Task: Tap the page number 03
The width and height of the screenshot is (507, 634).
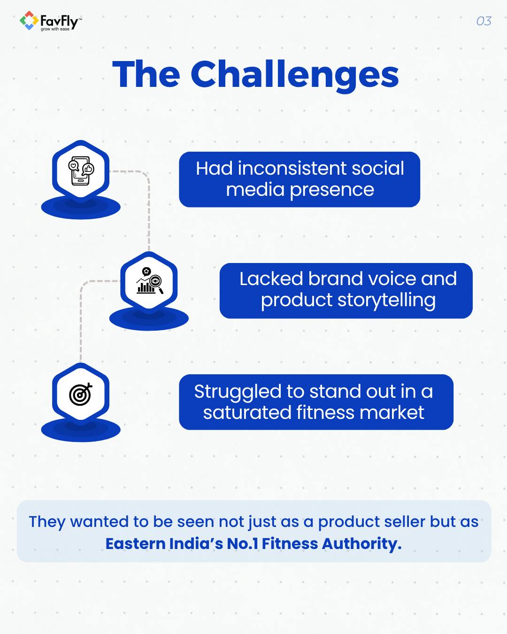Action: point(484,21)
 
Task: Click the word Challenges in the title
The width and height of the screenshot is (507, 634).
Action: point(294,75)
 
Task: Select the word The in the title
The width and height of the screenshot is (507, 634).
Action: point(146,75)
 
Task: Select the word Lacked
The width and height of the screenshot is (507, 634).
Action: point(271,279)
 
